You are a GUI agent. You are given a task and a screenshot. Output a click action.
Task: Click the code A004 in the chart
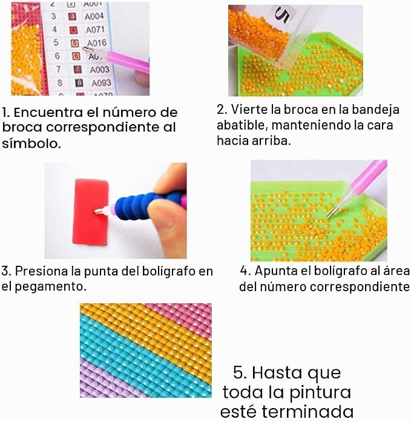click(x=94, y=16)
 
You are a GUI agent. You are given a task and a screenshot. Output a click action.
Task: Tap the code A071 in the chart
click(x=95, y=30)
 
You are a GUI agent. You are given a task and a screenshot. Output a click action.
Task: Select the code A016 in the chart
click(x=97, y=43)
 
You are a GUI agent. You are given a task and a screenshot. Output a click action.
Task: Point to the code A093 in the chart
click(x=101, y=83)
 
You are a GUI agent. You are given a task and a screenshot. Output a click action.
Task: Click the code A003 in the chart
click(x=99, y=70)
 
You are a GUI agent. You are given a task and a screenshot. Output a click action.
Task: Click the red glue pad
click(x=91, y=212)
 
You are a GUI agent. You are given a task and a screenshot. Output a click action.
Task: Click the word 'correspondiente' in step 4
click(x=360, y=287)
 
